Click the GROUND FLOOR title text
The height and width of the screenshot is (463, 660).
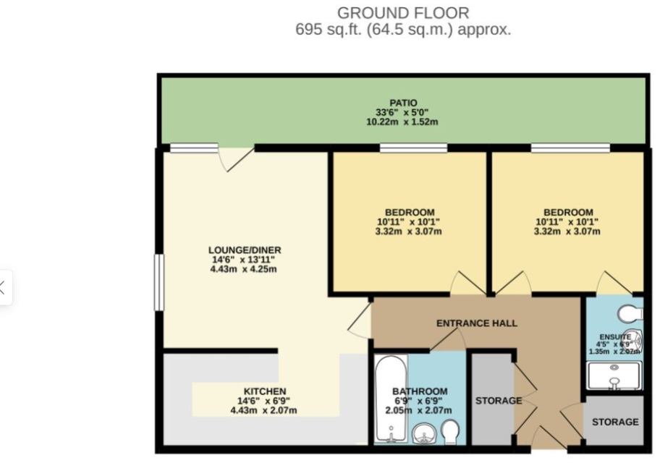[x=403, y=12]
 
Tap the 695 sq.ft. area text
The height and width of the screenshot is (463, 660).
[x=403, y=30]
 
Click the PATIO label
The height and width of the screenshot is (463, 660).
[x=403, y=103]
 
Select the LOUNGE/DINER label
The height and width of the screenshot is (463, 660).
[x=243, y=250]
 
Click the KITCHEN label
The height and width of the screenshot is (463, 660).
[x=264, y=391]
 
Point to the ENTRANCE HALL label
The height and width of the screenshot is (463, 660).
[x=476, y=323]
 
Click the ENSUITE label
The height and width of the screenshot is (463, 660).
[x=613, y=337]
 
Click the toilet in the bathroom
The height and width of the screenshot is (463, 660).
[x=450, y=432]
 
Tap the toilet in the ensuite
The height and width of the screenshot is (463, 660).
[x=629, y=313]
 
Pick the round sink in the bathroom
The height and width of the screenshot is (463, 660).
[x=423, y=434]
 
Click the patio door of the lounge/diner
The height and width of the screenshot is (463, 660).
[x=236, y=158]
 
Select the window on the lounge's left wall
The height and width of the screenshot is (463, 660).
[x=159, y=282]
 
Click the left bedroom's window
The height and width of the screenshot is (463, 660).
[x=412, y=148]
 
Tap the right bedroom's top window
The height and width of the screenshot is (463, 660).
[x=570, y=148]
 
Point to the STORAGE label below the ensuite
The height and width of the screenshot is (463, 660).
[x=615, y=422]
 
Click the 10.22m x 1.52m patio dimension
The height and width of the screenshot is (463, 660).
[x=402, y=122]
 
